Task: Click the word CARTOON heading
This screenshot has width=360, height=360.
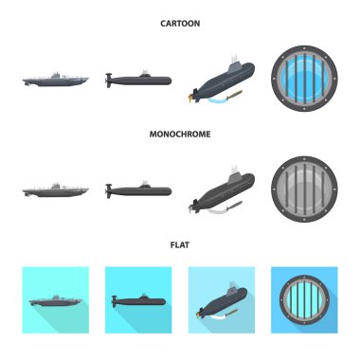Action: tap(180, 24)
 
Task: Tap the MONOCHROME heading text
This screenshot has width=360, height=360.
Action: tap(180, 134)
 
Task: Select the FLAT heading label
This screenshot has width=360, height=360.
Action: tap(180, 244)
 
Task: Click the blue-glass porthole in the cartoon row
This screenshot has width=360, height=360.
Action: tap(304, 79)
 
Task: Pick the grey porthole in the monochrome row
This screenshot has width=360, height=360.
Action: tap(304, 189)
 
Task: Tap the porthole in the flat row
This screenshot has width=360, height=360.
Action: tap(304, 300)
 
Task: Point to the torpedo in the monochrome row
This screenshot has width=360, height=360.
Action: tap(234, 207)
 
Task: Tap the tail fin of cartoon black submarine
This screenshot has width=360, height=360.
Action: tap(109, 81)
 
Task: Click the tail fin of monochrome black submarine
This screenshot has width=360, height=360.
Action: tap(109, 190)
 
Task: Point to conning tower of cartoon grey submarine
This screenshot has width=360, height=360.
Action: tap(56, 75)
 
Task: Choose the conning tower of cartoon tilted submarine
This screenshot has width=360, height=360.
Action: tap(234, 64)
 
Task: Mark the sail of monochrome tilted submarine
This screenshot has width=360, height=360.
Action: tap(234, 174)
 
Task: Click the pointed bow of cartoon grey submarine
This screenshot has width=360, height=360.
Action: tap(87, 79)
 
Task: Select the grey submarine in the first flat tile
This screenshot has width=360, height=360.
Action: tap(56, 301)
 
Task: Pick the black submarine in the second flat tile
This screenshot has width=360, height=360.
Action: tap(138, 300)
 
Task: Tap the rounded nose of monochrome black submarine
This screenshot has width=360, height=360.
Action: tap(169, 191)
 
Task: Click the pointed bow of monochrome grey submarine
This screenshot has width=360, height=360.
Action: tap(87, 189)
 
